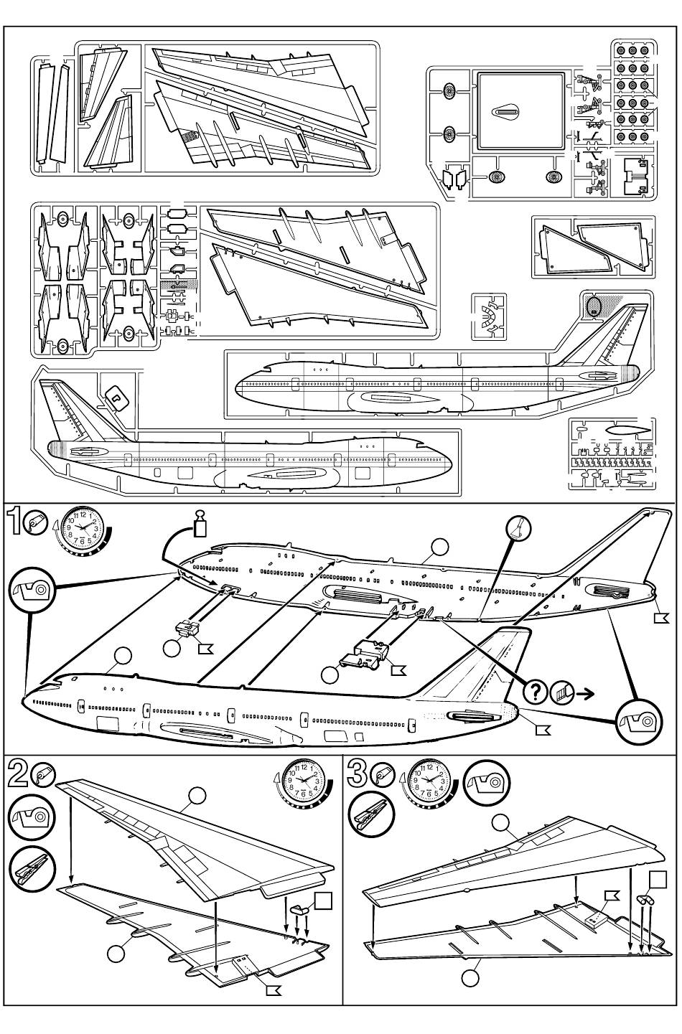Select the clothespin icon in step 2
(32, 867)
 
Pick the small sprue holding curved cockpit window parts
(490, 316)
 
